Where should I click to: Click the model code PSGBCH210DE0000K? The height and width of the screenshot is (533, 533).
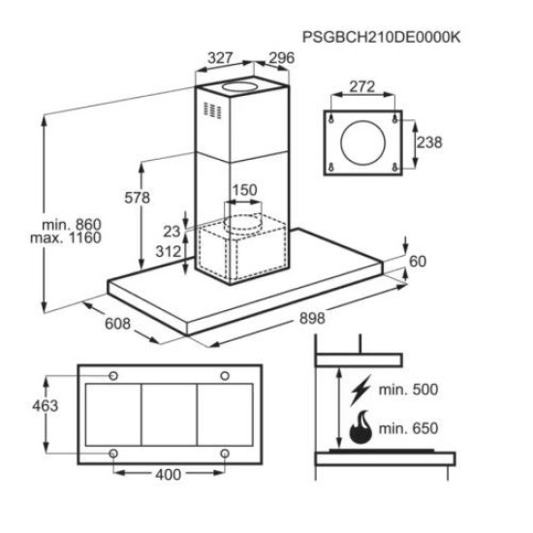382,37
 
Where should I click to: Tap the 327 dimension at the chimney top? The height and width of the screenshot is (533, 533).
220,58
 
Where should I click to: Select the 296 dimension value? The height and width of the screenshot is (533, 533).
282,58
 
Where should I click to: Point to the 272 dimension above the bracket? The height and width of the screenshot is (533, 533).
362,86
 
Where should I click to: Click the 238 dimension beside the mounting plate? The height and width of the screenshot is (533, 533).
429,142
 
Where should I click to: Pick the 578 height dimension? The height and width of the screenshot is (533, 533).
137,198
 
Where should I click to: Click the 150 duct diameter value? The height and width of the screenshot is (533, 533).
244,190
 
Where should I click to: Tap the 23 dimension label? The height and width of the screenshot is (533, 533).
172,232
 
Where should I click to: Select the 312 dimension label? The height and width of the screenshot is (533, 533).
169,252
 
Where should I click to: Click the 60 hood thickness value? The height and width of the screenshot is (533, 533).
418,262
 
